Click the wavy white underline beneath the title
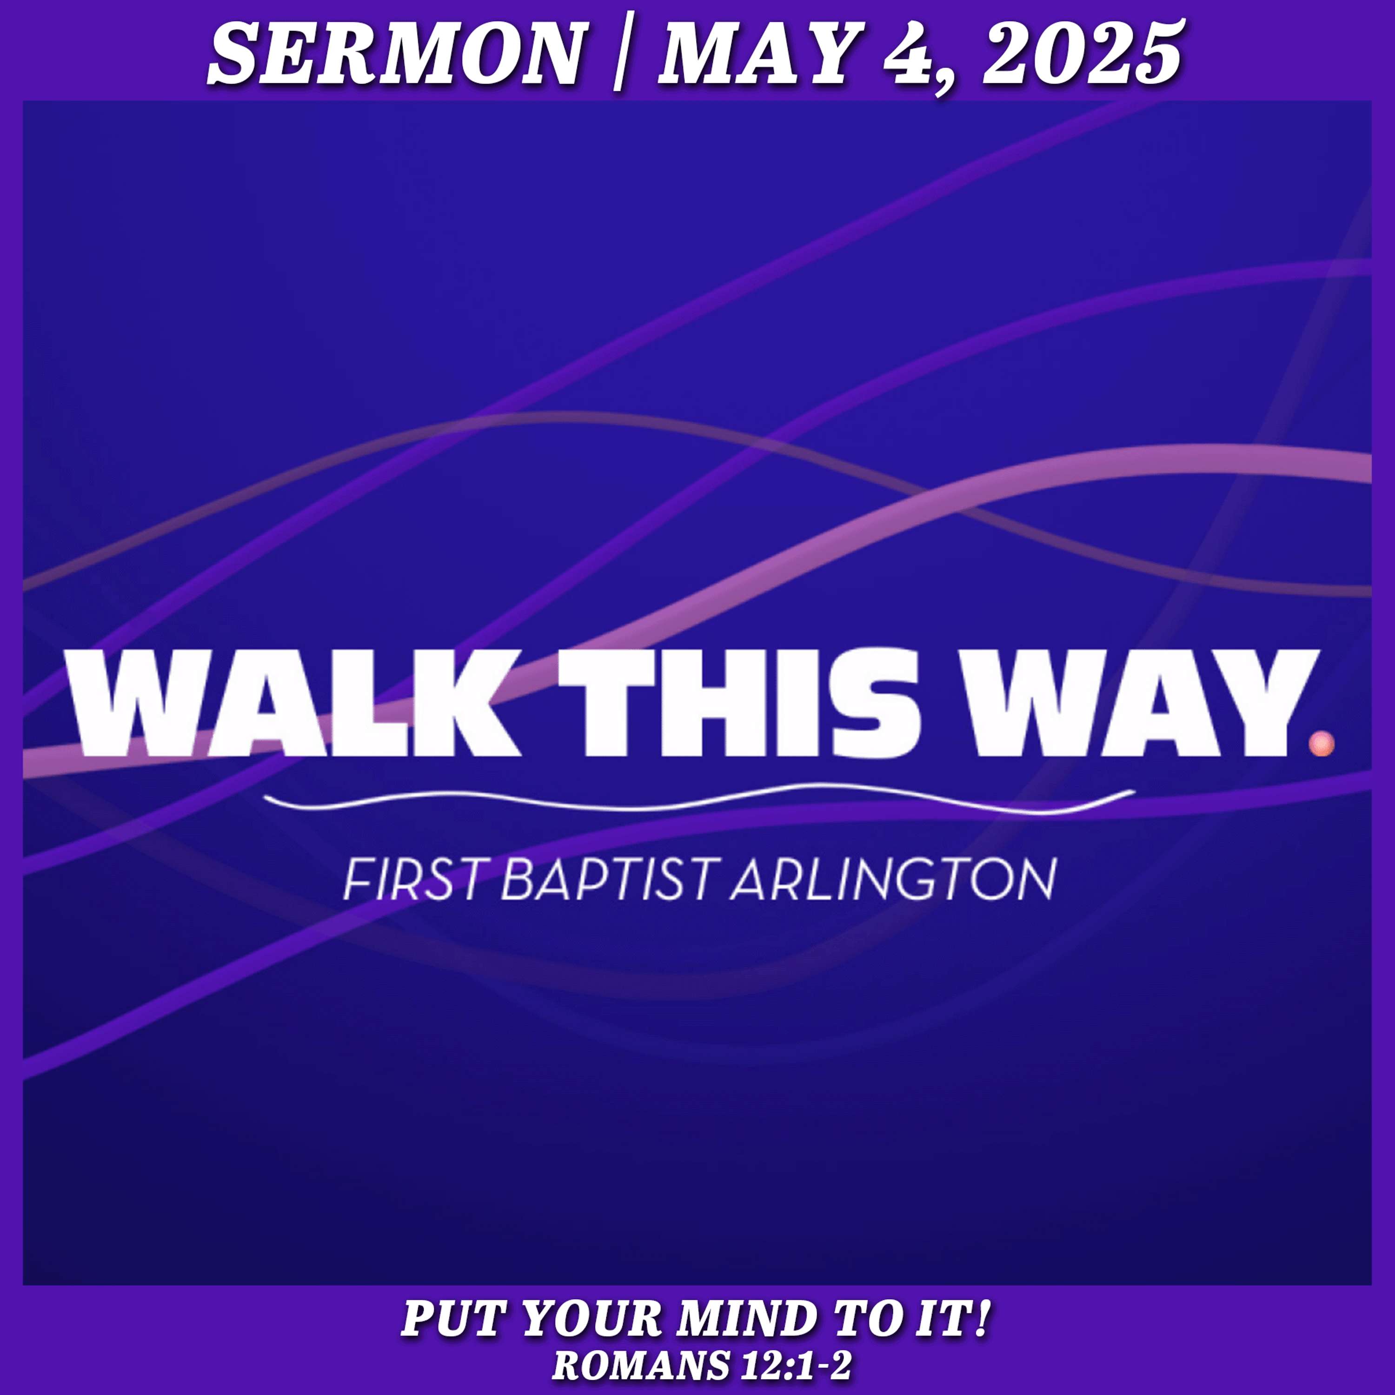[699, 799]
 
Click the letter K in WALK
[473, 703]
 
